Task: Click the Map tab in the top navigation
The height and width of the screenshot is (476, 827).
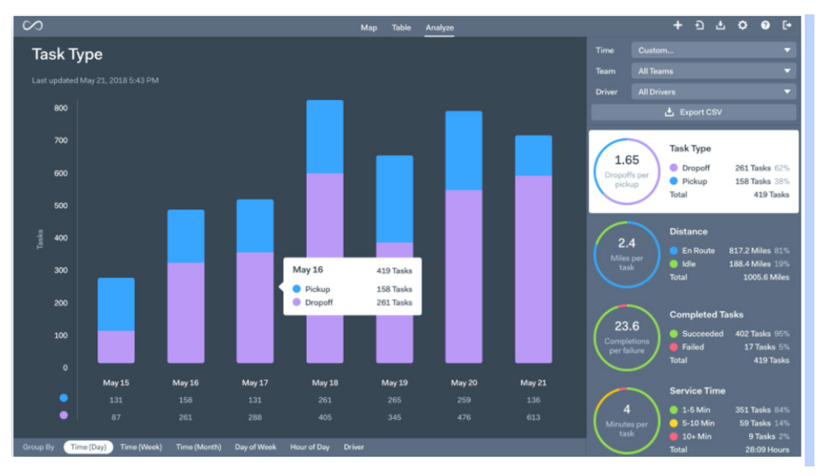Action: (369, 27)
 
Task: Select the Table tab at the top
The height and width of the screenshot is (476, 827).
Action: (401, 27)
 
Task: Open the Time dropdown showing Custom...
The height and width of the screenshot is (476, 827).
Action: (714, 50)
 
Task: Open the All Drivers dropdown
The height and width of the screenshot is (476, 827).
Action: (714, 92)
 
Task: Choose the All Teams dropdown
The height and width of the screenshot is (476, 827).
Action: (714, 71)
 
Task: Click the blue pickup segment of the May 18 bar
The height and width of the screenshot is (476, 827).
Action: (324, 137)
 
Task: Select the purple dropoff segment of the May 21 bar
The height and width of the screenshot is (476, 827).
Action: (533, 269)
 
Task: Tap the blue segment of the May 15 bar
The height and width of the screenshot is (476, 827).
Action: (116, 304)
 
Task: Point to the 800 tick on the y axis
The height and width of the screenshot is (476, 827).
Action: (61, 108)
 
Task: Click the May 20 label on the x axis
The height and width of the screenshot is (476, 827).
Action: (464, 383)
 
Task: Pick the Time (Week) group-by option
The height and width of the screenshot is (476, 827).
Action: (141, 447)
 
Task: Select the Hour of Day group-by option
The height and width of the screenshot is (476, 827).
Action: (309, 447)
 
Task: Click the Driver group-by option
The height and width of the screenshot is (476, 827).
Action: (354, 447)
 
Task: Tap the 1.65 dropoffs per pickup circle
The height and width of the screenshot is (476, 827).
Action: (627, 171)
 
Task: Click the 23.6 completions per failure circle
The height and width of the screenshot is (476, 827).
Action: (627, 337)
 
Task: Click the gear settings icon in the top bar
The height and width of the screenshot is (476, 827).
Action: (743, 26)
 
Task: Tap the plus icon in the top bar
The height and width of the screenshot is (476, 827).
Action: (677, 26)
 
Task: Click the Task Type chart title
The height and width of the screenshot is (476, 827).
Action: (67, 55)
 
